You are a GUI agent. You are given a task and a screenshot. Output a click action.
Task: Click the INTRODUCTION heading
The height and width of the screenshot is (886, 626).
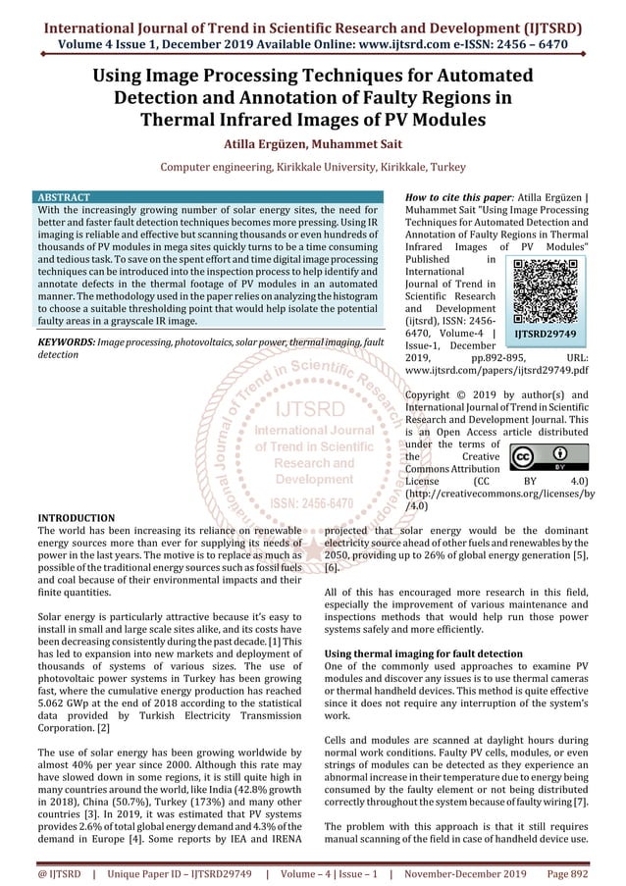coord(76,517)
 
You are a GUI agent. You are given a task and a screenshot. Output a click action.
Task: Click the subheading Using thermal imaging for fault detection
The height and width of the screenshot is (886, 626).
coord(423,653)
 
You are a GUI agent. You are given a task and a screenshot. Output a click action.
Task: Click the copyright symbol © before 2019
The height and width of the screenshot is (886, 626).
coord(453,395)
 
